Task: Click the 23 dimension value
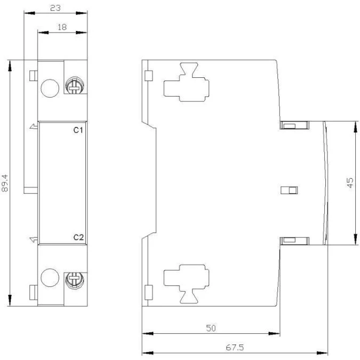pos(55,8)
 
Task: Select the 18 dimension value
pos(62,27)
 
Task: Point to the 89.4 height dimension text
pos(5,183)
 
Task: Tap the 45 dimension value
pos(350,183)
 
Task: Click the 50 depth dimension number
pos(211,328)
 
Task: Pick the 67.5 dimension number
pos(235,347)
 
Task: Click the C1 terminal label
pos(78,130)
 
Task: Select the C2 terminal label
pos(78,237)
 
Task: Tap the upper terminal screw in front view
pos(75,86)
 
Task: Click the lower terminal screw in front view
pos(75,281)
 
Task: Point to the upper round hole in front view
pos(50,88)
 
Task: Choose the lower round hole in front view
pos(50,278)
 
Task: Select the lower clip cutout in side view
pos(186,284)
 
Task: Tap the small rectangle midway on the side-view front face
pos(289,190)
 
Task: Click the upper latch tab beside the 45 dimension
pos(294,125)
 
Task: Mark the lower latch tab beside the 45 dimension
pos(294,241)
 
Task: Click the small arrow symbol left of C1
pos(34,126)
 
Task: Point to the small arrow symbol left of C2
pos(34,239)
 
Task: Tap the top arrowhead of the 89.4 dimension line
pos(10,66)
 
